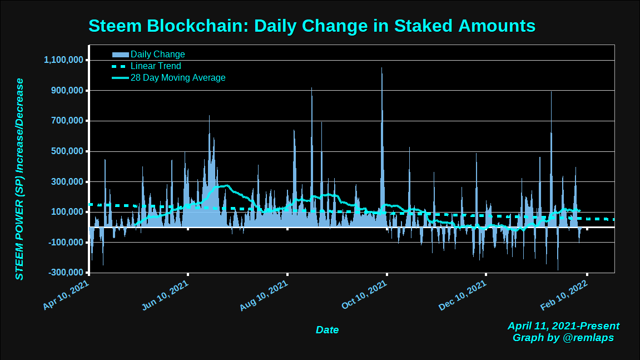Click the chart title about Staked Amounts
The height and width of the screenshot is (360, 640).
tap(312, 26)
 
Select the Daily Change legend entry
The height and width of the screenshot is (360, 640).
tap(157, 55)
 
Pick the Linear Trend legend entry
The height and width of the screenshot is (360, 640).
tap(156, 66)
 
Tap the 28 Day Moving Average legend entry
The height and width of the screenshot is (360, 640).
tap(178, 78)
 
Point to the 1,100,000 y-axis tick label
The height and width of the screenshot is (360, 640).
tap(63, 60)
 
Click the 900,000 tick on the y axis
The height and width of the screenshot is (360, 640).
tap(67, 91)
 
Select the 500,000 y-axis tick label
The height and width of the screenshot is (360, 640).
tap(67, 151)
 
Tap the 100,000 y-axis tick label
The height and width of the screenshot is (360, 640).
tap(67, 212)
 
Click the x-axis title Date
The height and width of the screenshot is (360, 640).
tap(327, 330)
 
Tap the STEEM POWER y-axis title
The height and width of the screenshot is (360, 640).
tap(19, 179)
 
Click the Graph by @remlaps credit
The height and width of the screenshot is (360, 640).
tap(563, 338)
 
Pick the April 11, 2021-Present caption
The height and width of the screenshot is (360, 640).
tap(563, 326)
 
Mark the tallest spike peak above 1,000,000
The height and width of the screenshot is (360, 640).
tap(381, 68)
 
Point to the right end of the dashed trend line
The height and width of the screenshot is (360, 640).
tap(613, 220)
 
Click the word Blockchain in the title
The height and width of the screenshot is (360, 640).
tap(197, 26)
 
